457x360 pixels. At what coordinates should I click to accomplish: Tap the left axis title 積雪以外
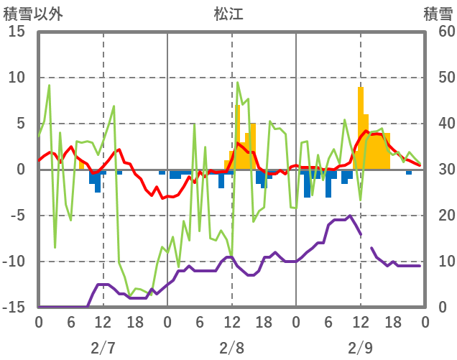28,13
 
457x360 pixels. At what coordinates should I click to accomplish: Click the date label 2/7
103,348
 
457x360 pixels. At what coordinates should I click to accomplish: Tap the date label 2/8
231,348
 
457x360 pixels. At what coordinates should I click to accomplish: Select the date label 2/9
361,348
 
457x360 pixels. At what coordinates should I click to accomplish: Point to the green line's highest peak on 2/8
238,83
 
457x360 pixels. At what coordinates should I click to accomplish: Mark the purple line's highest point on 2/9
350,216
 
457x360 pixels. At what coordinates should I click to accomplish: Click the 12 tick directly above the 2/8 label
231,322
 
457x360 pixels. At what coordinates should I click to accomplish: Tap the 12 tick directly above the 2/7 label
103,322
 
